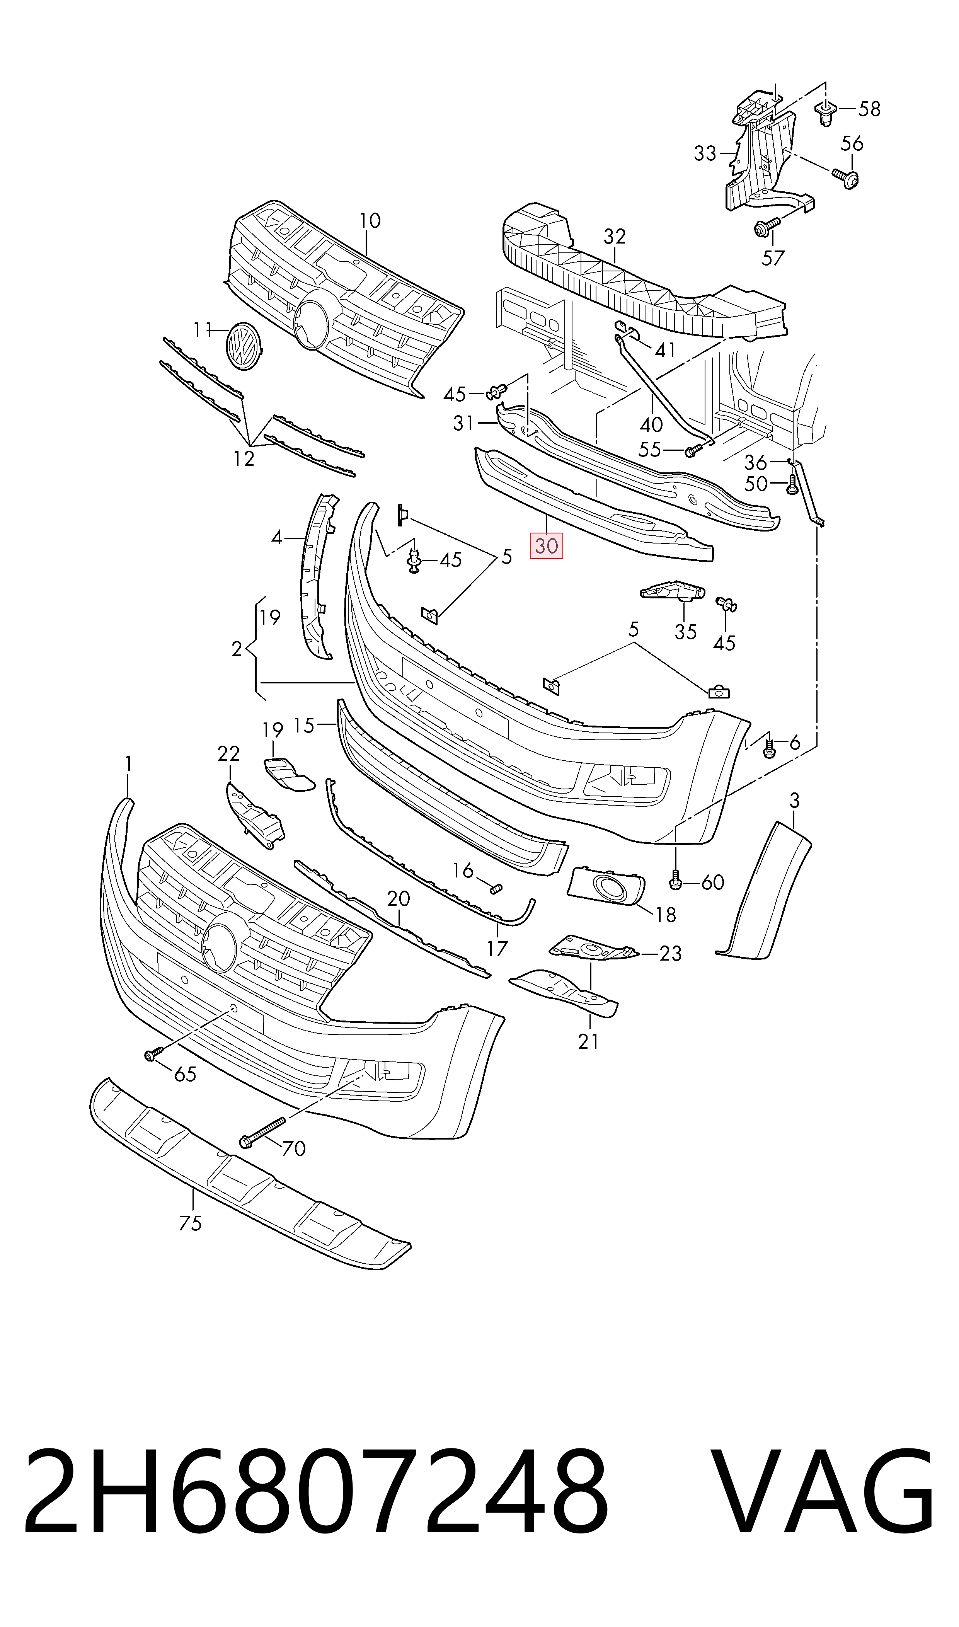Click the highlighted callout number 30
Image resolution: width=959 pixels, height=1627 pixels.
[x=547, y=546]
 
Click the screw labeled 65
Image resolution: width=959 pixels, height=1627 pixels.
[x=151, y=1055]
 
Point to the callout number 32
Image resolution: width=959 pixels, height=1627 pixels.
[x=615, y=237]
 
